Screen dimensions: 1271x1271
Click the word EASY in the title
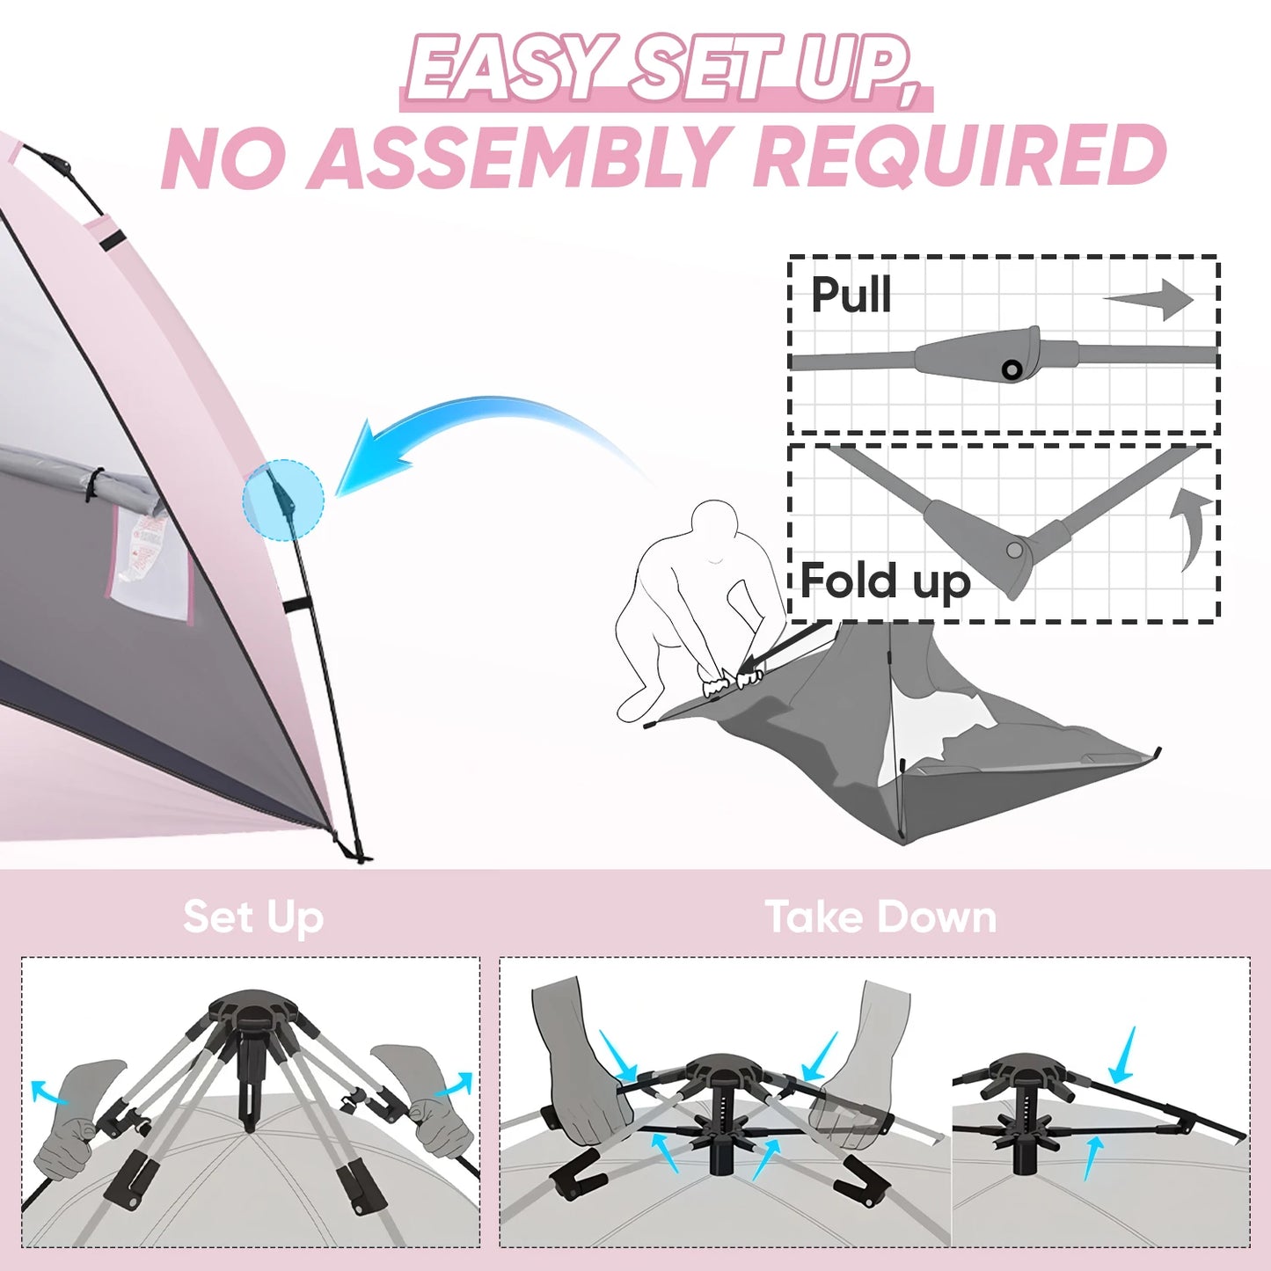tap(510, 69)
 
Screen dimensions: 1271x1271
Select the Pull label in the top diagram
tap(850, 295)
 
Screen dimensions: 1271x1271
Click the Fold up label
tap(885, 581)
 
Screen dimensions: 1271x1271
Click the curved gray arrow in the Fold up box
tap(1191, 528)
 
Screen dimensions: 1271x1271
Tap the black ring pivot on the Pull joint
tap(1012, 369)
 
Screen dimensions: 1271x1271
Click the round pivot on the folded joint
tap(1014, 551)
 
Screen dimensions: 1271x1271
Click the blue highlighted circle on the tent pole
tap(283, 500)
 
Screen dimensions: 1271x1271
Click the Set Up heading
tap(253, 917)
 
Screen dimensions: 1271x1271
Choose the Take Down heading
tap(880, 917)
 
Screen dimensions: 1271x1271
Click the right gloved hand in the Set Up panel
tap(422, 1095)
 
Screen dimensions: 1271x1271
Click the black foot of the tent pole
tap(357, 853)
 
